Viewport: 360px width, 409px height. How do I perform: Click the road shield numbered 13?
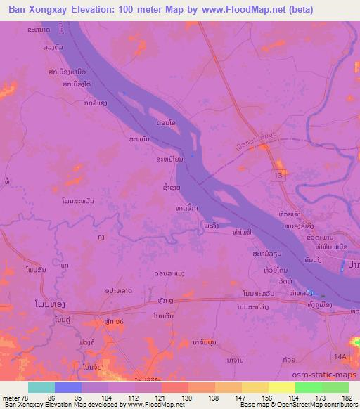279,174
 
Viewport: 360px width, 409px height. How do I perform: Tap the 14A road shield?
341,357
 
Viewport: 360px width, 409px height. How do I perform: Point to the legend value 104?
107,398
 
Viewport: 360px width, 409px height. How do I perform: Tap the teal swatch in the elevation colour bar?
41,387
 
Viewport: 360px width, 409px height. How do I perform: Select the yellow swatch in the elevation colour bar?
281,387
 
